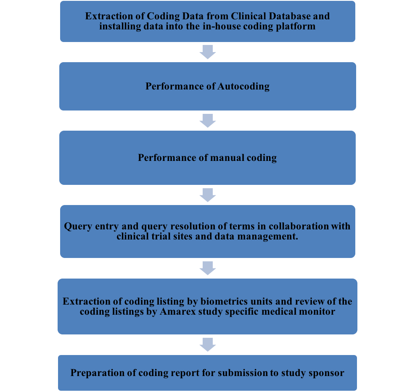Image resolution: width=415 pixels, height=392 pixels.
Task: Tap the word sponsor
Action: pyautogui.click(x=327, y=373)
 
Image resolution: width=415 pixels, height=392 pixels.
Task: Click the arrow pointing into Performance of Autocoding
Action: pyautogui.click(x=208, y=52)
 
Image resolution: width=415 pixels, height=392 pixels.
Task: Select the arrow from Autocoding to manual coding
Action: pyautogui.click(x=208, y=120)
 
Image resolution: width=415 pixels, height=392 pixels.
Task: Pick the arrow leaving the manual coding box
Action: pyautogui.click(x=208, y=195)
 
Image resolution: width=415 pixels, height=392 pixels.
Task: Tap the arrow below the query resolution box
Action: pyautogui.click(x=208, y=268)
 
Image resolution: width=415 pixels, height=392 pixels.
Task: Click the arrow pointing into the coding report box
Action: pyautogui.click(x=208, y=344)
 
